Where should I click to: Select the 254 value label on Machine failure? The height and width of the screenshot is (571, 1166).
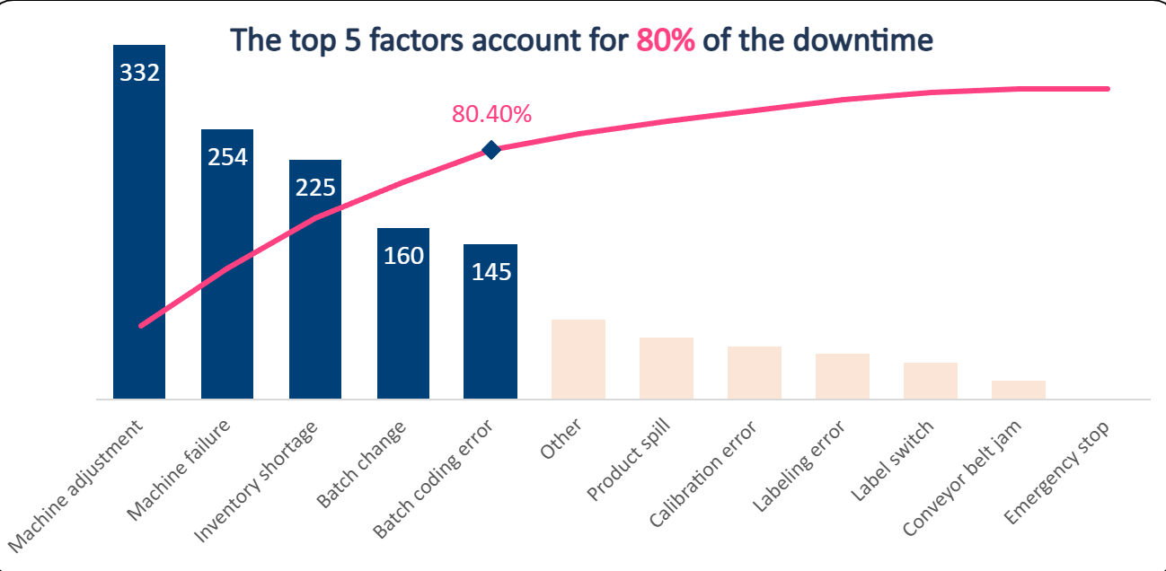pyautogui.click(x=227, y=157)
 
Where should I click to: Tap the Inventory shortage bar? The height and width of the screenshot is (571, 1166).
pyautogui.click(x=315, y=296)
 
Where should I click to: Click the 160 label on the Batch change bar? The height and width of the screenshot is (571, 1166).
pyautogui.click(x=403, y=256)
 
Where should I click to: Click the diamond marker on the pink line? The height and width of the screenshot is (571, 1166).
pyautogui.click(x=490, y=150)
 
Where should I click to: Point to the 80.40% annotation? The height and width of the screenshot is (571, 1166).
pyautogui.click(x=491, y=114)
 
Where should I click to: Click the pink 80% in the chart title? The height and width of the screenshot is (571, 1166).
pyautogui.click(x=666, y=40)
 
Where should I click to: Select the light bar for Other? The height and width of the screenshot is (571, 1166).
pyautogui.click(x=579, y=359)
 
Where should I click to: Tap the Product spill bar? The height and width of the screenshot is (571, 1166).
pyautogui.click(x=667, y=368)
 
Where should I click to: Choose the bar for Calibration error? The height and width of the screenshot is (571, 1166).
pyautogui.click(x=755, y=373)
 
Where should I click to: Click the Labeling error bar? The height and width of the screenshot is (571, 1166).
pyautogui.click(x=843, y=376)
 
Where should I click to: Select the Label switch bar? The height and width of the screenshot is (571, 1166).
pyautogui.click(x=931, y=381)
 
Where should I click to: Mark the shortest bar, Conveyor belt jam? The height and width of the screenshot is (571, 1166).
pyautogui.click(x=1019, y=390)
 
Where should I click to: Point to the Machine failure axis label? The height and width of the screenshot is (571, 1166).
pyautogui.click(x=181, y=469)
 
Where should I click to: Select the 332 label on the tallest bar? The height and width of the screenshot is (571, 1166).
pyautogui.click(x=139, y=72)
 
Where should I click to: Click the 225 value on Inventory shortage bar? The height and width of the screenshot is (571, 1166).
pyautogui.click(x=315, y=187)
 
